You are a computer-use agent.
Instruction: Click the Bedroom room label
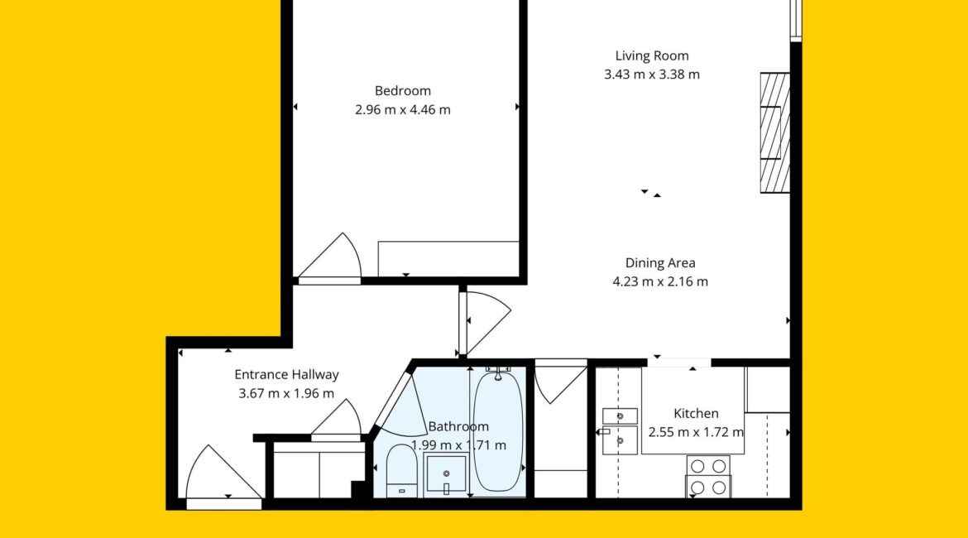[403, 91]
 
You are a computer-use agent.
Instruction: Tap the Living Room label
[652, 55]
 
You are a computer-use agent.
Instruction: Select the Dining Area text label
[660, 263]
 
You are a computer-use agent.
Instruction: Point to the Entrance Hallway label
[286, 374]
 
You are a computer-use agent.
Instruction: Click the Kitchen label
[696, 413]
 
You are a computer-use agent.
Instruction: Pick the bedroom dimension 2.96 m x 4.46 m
[403, 110]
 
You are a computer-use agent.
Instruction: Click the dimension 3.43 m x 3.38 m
[652, 74]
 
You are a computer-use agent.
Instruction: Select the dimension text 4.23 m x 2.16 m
[660, 281]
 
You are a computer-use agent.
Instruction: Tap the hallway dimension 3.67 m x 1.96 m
[286, 393]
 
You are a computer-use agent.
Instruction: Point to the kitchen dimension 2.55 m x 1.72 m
[696, 432]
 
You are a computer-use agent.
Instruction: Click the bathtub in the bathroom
[497, 431]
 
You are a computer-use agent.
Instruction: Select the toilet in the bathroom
[401, 471]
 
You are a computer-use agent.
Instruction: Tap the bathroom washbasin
[446, 474]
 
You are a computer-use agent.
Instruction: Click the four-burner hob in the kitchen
[708, 476]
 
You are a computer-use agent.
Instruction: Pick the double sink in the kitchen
[620, 430]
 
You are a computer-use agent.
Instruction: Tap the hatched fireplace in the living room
[774, 132]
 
